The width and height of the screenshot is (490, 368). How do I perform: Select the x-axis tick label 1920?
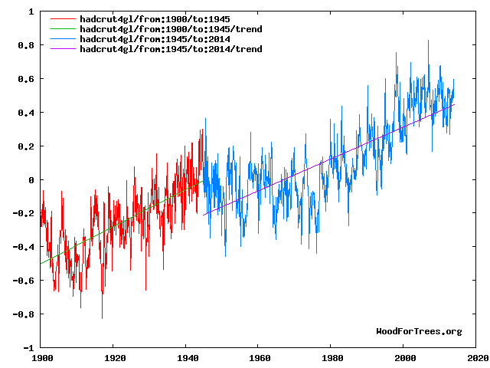click(113, 357)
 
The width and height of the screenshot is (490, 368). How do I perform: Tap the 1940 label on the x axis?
click(186, 357)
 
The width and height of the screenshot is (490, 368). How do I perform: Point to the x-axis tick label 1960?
click(259, 357)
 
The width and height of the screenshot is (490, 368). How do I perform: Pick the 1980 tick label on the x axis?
click(332, 357)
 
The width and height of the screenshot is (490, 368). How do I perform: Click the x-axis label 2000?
click(404, 357)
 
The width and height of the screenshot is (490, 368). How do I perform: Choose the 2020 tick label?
click(476, 357)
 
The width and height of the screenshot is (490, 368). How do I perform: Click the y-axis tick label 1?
click(30, 12)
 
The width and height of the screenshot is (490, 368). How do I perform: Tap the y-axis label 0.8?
click(25, 46)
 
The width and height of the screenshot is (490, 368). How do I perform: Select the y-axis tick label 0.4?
click(25, 113)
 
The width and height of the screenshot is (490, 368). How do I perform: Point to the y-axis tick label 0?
click(30, 180)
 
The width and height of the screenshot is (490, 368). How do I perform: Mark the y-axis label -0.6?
click(23, 281)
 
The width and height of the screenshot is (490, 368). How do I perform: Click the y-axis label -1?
click(28, 347)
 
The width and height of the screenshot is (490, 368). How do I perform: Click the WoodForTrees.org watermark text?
click(419, 331)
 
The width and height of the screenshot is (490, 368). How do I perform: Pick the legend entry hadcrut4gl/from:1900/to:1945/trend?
click(170, 28)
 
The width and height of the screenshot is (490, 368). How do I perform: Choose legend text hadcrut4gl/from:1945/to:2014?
click(154, 38)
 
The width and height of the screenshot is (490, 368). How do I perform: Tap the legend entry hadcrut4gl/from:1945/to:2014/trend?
click(170, 48)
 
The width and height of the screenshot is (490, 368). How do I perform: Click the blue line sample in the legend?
click(63, 38)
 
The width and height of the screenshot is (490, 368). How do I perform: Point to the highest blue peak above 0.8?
click(428, 41)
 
